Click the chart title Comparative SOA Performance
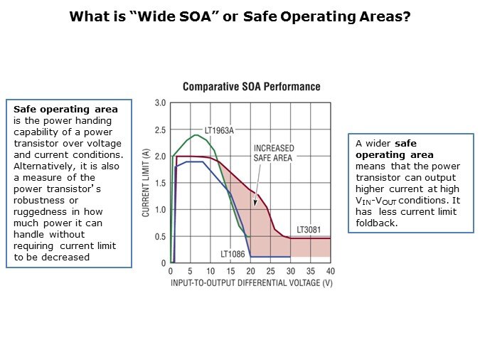[x=251, y=87]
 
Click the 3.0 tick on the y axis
[x=160, y=103]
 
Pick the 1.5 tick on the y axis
[x=160, y=183]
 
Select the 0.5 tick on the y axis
[x=160, y=236]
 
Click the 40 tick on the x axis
[x=330, y=271]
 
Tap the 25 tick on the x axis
[x=270, y=271]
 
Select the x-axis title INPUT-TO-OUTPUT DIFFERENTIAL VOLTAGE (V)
[x=251, y=283]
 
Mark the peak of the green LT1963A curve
[x=195, y=134]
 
